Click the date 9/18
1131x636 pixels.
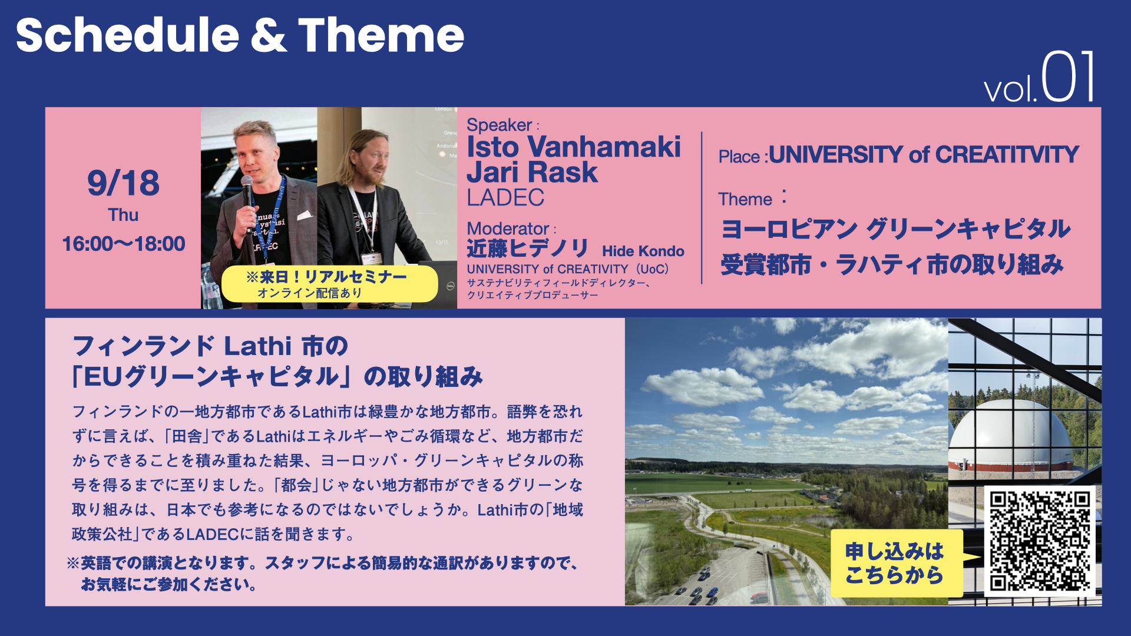pyautogui.click(x=123, y=183)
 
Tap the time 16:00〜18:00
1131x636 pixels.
pyautogui.click(x=123, y=244)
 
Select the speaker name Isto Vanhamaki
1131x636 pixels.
pyautogui.click(x=573, y=147)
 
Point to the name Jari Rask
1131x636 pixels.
pyautogui.click(x=532, y=172)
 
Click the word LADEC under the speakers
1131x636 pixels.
pyautogui.click(x=505, y=198)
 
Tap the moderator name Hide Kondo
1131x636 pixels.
pyautogui.click(x=643, y=251)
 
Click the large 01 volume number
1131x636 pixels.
pyautogui.click(x=1068, y=77)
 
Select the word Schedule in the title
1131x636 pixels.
pyautogui.click(x=127, y=35)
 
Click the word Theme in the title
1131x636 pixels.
pyautogui.click(x=381, y=35)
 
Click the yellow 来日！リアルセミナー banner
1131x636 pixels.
pyautogui.click(x=329, y=284)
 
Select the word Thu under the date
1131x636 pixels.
pyautogui.click(x=123, y=215)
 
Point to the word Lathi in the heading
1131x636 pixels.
pyautogui.click(x=258, y=346)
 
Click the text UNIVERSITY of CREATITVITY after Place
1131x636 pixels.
pyautogui.click(x=924, y=155)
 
